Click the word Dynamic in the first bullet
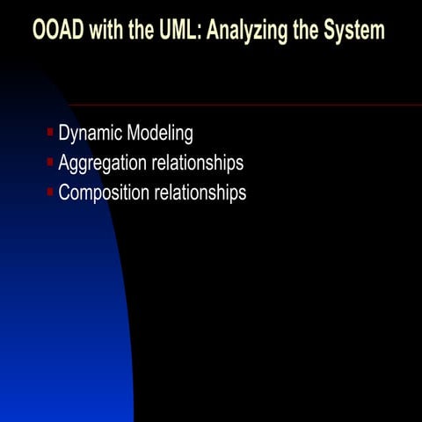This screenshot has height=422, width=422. point(91,134)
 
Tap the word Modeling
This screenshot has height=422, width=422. point(160,135)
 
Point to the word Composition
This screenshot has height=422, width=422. point(104,193)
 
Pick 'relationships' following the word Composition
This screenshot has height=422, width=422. point(200,193)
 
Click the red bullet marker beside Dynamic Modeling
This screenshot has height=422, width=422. point(50,133)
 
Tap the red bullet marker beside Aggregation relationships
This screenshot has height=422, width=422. point(50,162)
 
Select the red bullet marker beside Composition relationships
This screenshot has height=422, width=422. point(50,191)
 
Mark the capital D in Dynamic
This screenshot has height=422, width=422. point(64,134)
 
